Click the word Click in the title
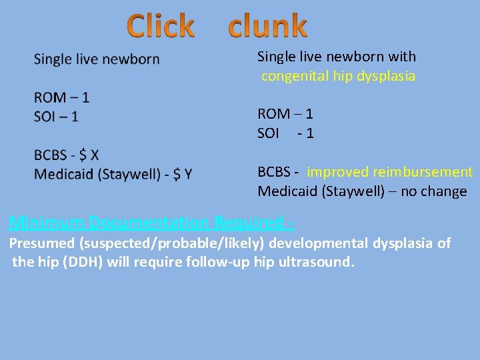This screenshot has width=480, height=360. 161,26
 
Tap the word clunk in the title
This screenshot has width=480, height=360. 267,26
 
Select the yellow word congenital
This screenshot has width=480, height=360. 295,76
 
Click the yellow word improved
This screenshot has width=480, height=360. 338,172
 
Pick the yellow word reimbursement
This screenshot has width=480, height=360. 423,172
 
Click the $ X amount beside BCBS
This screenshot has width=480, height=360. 89,155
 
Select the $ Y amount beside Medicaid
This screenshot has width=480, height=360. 182,175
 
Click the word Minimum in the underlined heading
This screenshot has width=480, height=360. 47,222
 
